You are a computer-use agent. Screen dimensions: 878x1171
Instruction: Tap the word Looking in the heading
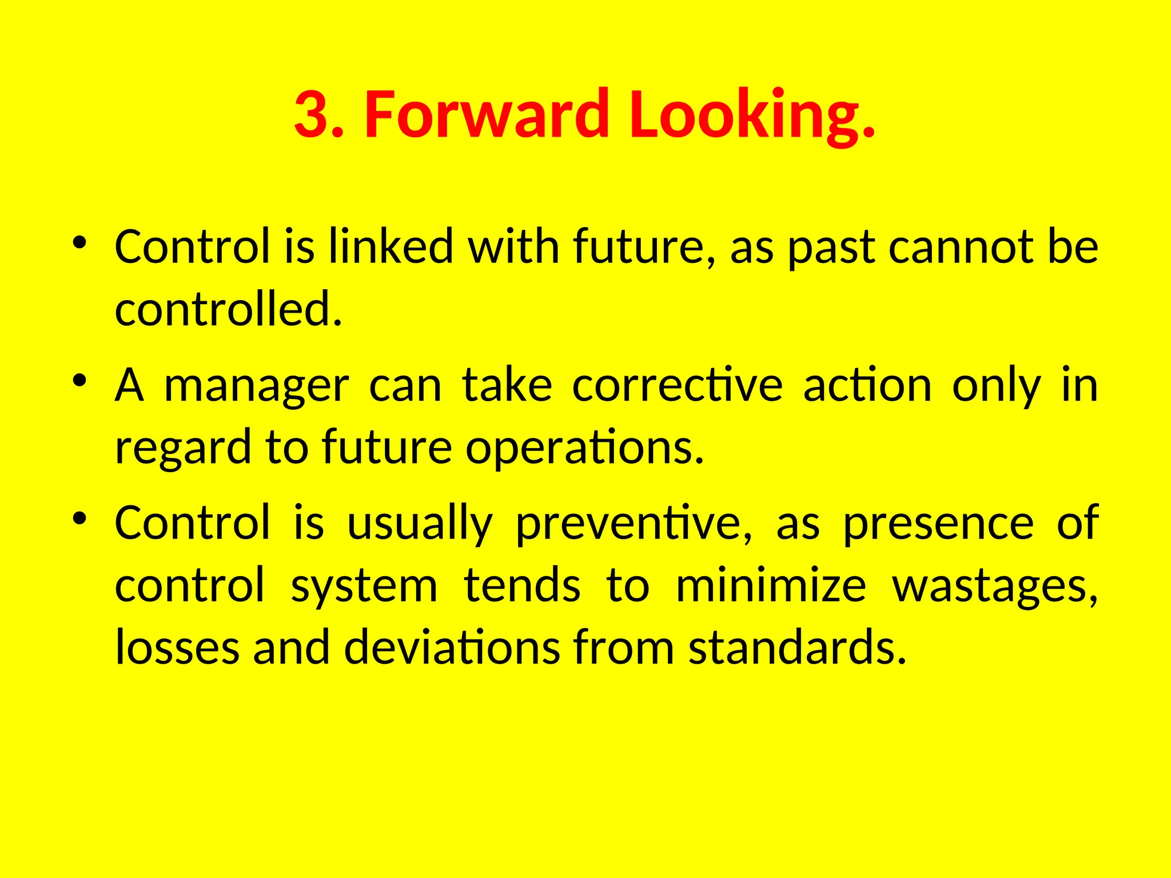(744, 114)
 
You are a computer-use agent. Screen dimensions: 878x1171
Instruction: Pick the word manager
(256, 386)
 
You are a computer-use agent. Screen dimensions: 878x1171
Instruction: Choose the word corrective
(677, 386)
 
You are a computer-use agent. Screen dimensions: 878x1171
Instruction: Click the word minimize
(770, 586)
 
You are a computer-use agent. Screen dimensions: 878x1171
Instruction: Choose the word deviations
(452, 648)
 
